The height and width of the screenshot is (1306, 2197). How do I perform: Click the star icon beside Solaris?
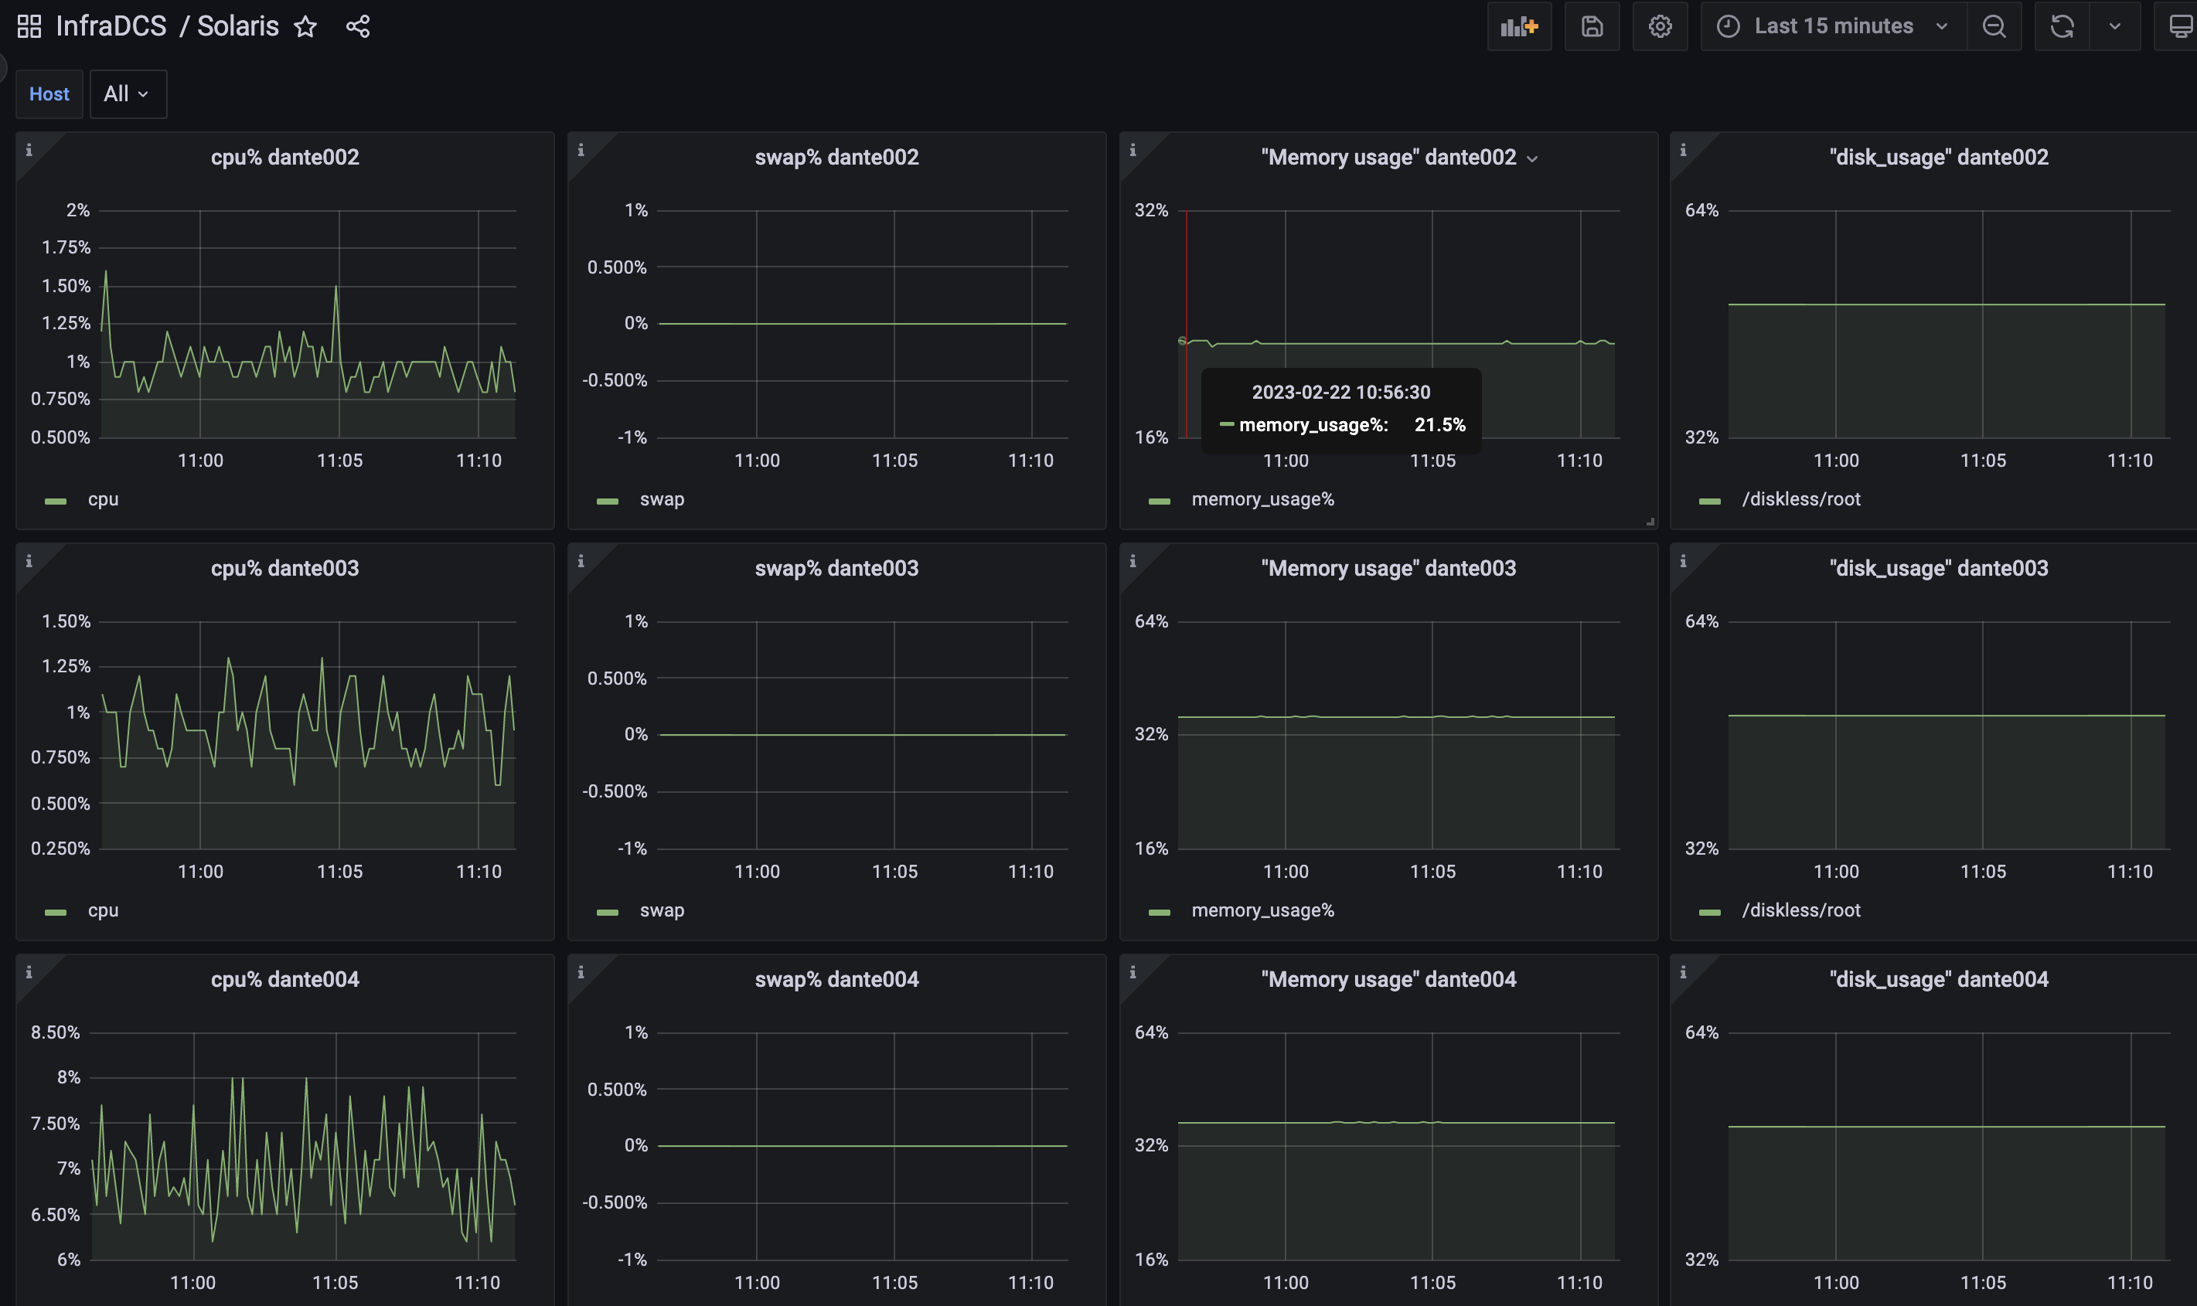[x=305, y=26]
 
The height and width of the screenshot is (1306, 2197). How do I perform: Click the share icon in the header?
[x=358, y=26]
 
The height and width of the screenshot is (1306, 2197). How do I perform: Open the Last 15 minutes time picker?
[x=1834, y=26]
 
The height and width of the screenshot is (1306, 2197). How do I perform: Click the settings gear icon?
[x=1660, y=26]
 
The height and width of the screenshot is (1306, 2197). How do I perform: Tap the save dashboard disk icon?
[x=1592, y=26]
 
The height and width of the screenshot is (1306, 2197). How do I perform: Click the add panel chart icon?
[x=1519, y=26]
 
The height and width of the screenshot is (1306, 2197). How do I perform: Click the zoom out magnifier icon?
[x=1994, y=26]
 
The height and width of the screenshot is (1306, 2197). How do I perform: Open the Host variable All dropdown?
[x=128, y=94]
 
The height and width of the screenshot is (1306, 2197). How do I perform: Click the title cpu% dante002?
[x=285, y=157]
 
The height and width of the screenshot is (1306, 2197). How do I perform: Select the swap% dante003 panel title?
[x=837, y=568]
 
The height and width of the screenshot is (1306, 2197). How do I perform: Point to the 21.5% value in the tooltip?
[x=1440, y=425]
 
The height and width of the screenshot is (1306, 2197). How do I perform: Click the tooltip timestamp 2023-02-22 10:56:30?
[x=1341, y=393]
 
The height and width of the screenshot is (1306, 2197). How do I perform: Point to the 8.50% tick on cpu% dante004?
[x=56, y=1032]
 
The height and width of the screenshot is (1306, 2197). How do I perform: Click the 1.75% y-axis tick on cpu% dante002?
[x=66, y=247]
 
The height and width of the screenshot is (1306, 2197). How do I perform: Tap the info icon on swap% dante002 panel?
[x=581, y=151]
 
